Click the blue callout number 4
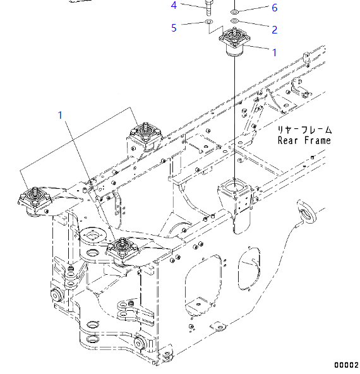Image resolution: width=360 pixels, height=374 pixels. pos(174,6)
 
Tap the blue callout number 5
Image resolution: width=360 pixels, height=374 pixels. pos(174,27)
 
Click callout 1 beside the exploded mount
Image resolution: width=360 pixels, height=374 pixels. pos(274,52)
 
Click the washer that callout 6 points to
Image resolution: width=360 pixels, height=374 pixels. pos(234,12)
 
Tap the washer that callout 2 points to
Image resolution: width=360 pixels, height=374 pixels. pos(234,23)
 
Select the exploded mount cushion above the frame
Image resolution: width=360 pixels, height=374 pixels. pos(234,46)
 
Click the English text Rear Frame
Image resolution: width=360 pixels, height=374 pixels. pos(304,140)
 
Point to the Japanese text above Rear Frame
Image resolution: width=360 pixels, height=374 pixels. pos(304,129)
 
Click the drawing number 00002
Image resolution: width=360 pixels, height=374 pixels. pos(346,365)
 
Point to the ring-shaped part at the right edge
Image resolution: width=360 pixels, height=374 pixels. pos(308,210)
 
